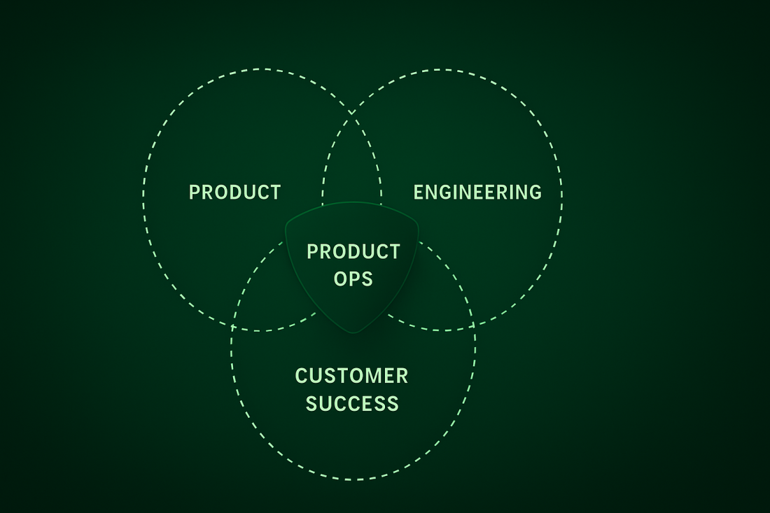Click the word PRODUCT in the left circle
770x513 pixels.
[x=234, y=192]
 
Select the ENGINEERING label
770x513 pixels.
[x=477, y=192]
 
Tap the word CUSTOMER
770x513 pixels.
[x=351, y=376]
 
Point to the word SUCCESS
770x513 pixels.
[x=352, y=404]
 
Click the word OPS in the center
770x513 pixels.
[x=353, y=279]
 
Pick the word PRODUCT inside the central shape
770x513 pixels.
[x=353, y=251]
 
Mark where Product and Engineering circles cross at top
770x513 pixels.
[x=351, y=113]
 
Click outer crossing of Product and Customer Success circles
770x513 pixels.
[x=232, y=326]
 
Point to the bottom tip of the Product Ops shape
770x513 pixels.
[x=353, y=333]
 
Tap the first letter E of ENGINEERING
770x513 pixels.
[x=419, y=192]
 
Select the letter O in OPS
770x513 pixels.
[x=341, y=279]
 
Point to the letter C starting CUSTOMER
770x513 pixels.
[x=301, y=376]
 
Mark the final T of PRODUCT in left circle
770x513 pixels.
[x=276, y=192]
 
